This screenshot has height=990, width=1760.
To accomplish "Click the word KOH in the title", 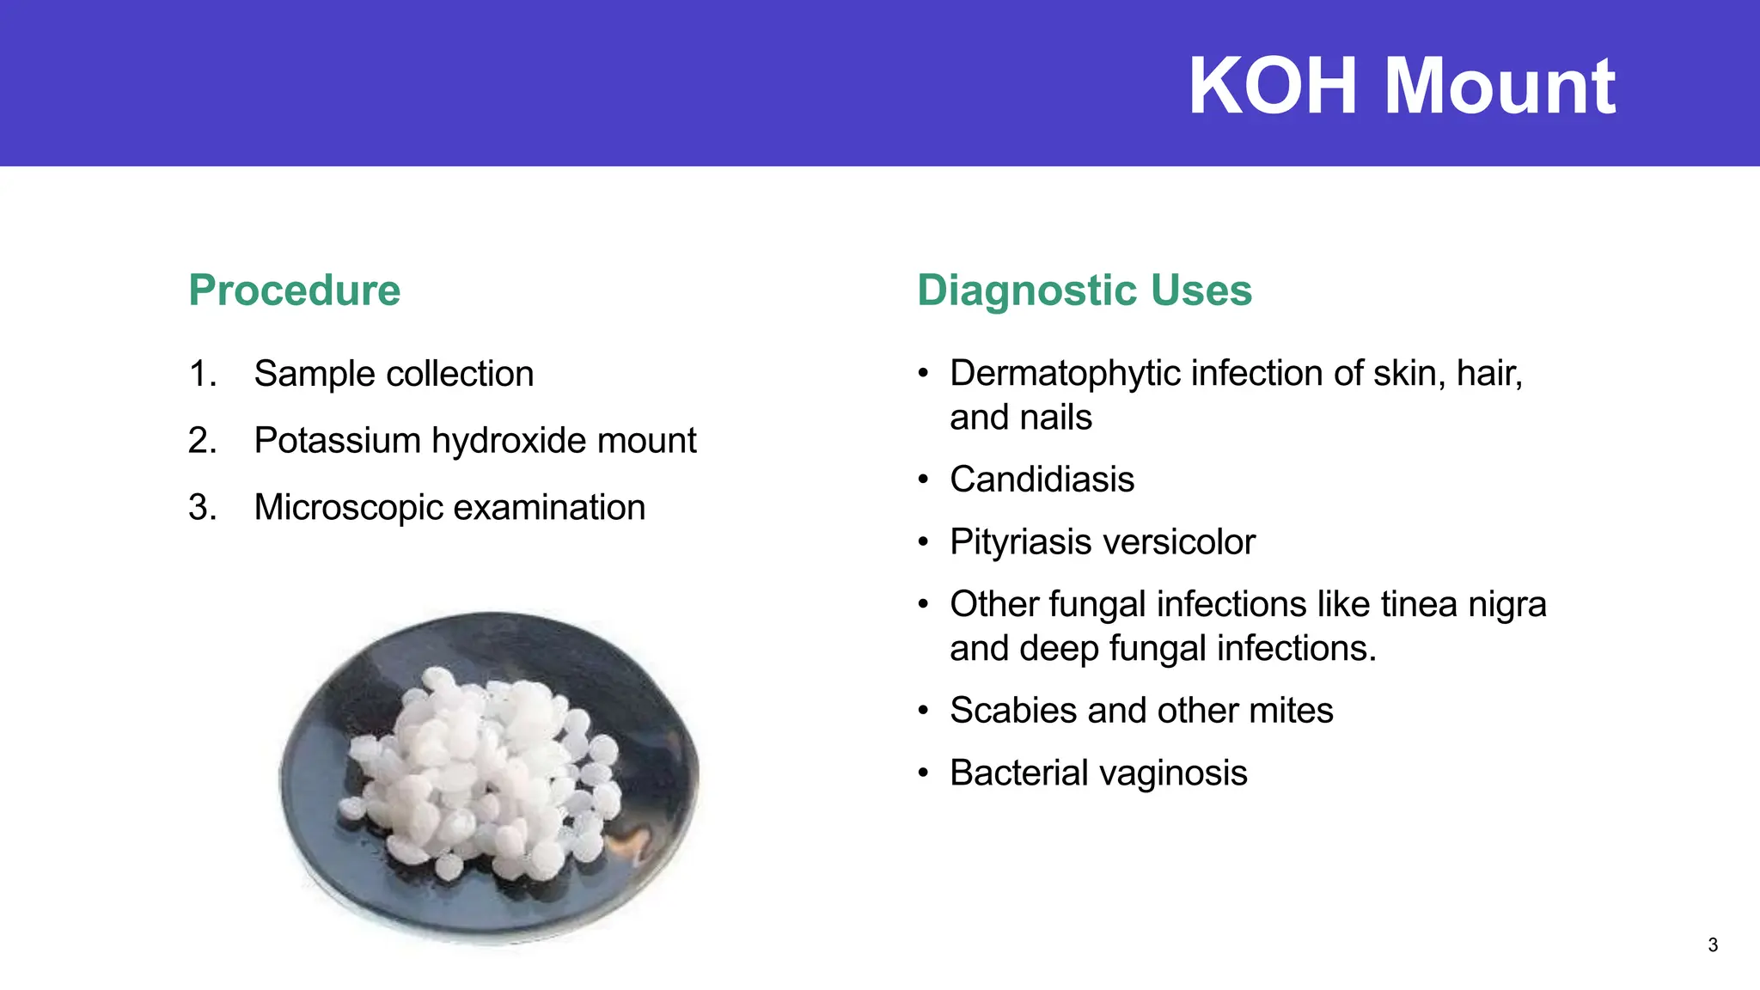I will click(x=1275, y=86).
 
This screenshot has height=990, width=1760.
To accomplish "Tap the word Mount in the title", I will click(x=1500, y=86).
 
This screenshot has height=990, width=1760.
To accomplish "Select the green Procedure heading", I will click(x=294, y=290).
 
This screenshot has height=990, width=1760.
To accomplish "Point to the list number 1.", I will click(x=201, y=375).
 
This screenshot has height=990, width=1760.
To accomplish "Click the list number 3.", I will click(x=201, y=508).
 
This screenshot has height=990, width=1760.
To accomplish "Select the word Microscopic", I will click(x=348, y=508).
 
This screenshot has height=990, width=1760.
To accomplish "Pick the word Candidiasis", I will click(x=1042, y=480).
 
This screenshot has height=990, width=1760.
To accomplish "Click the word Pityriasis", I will click(x=1017, y=542).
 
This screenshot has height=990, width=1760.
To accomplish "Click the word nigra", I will click(x=1506, y=604).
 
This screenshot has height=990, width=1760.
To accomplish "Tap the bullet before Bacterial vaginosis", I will click(x=923, y=773).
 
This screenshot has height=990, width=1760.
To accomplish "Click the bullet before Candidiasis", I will click(x=923, y=480).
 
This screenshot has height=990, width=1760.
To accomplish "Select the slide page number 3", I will click(x=1713, y=945).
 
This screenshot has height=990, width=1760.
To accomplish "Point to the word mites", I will click(x=1290, y=711).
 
